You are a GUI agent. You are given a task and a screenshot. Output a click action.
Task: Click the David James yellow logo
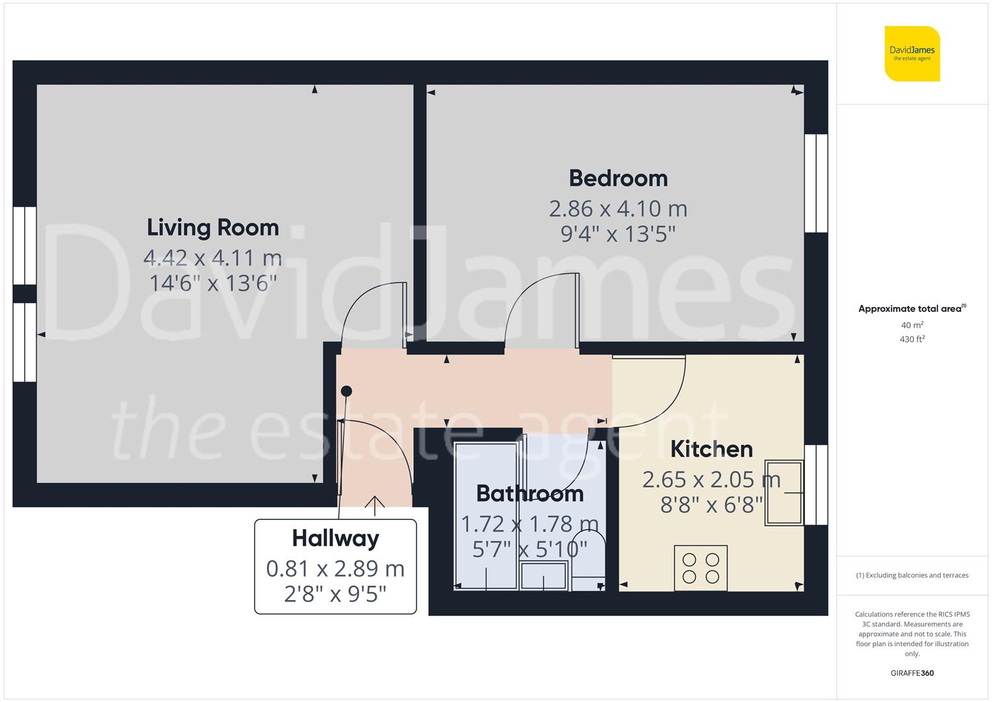coord(912,53)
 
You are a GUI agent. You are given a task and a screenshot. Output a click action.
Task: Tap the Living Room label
coord(212,227)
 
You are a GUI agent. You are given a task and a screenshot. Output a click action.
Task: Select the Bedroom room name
coord(618,178)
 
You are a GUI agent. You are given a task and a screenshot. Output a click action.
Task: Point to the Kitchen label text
coord(711,449)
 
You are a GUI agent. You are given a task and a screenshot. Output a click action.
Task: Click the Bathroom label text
coord(529,493)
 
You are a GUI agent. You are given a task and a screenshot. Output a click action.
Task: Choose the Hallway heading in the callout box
coord(335,538)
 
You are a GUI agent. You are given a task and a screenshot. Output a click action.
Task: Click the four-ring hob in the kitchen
coord(700,568)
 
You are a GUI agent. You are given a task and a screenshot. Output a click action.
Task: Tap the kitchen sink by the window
coord(784,492)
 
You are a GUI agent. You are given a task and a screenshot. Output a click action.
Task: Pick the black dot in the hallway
coord(347,391)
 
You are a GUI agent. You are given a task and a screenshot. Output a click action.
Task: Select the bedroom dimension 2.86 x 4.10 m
coord(618,209)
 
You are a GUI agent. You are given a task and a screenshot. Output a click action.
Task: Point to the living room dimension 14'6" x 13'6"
coord(212,283)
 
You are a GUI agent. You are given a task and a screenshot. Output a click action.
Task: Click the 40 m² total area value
coord(912,325)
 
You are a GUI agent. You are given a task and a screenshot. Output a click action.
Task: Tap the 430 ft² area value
coord(912,339)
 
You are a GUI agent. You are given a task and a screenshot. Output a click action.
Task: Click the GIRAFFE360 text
coord(912,673)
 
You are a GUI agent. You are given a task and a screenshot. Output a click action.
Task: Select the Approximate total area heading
coord(911,309)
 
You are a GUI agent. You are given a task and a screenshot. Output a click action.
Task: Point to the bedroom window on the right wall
coord(816,183)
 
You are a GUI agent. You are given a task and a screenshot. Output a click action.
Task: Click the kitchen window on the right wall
coord(816,485)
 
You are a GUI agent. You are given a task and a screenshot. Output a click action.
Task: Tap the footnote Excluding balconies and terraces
coord(912,575)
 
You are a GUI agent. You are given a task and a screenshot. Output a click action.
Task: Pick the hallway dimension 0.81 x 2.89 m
coord(335,569)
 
